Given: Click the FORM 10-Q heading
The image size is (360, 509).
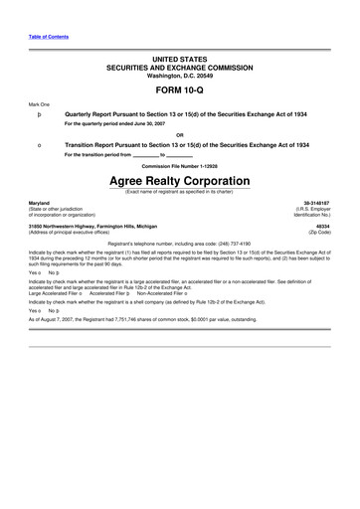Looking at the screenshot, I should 179,89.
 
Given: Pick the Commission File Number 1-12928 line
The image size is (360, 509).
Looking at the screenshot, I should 179,165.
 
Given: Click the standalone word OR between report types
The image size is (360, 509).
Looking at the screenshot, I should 179,135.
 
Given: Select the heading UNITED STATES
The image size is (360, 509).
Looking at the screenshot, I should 179,60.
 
